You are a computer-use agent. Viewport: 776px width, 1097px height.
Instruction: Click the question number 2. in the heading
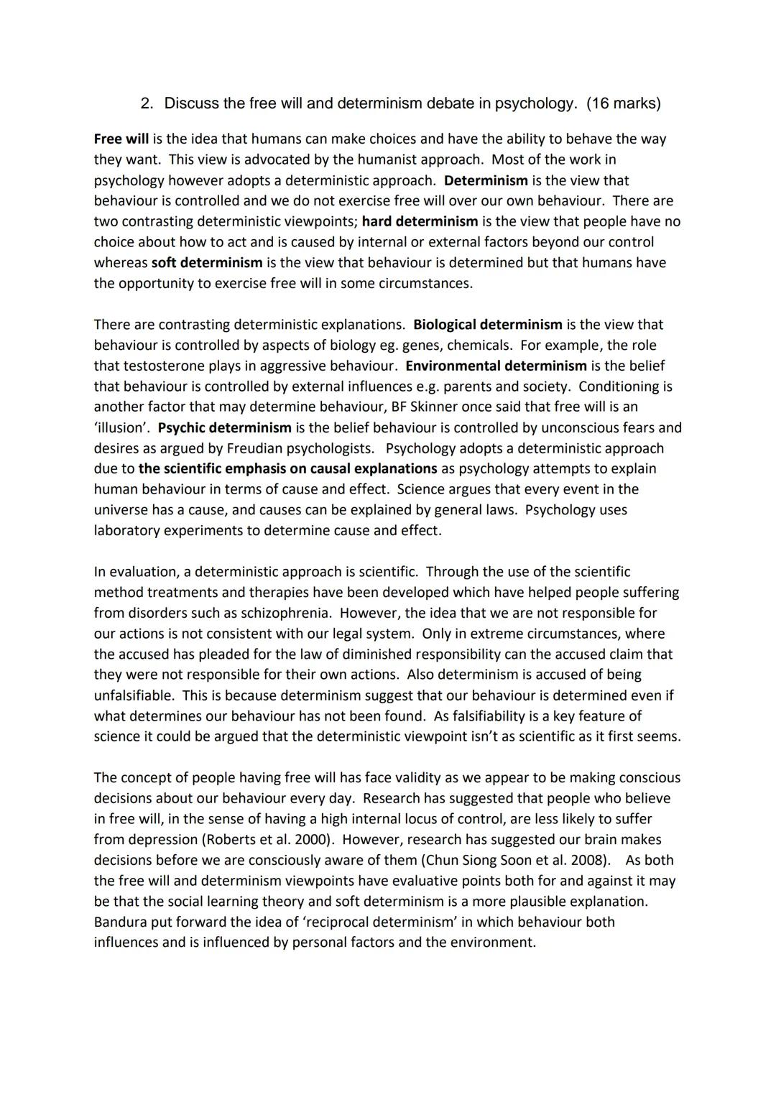click(x=147, y=103)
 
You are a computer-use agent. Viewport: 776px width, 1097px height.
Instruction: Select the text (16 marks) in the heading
click(x=623, y=103)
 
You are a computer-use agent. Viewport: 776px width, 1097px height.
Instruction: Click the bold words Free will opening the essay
click(x=121, y=139)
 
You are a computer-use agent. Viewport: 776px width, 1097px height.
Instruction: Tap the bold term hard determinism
click(x=420, y=221)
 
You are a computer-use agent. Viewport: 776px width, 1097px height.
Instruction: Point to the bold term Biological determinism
click(x=487, y=325)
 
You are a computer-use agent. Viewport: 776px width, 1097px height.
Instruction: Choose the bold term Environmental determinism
click(x=496, y=366)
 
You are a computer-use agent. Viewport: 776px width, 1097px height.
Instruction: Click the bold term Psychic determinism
click(x=224, y=428)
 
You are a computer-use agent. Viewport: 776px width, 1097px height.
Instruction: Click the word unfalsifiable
click(x=134, y=696)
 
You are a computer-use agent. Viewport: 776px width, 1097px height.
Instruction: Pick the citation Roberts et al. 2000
click(x=270, y=840)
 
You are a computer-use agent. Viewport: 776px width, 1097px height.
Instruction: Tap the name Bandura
click(x=121, y=922)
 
